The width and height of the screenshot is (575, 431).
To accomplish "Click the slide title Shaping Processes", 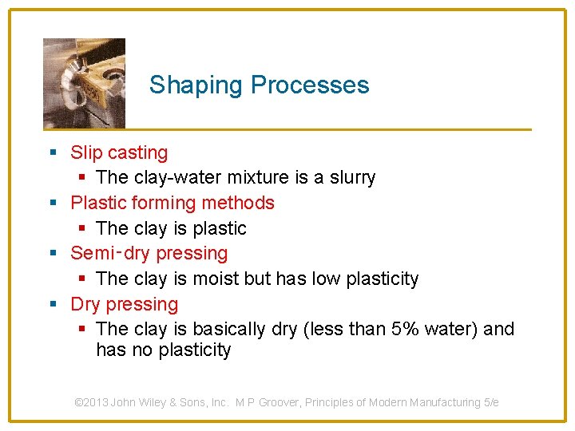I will pos(259,85).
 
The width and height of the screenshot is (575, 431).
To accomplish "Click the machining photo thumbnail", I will pos(84,83).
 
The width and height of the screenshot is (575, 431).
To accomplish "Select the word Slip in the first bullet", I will pos(86,152).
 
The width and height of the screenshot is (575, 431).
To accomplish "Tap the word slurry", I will pos(354,177).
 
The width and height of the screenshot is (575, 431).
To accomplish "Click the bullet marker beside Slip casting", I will pos(53,152).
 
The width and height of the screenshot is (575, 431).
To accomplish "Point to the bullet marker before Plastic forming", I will pos(53,204).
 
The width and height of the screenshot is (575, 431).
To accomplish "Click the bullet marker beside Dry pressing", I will pos(53,305).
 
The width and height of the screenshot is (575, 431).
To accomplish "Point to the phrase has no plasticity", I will pos(163,350).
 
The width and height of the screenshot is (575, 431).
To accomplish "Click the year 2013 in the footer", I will pos(97,402).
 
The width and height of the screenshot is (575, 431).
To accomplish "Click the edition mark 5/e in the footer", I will pos(491,402).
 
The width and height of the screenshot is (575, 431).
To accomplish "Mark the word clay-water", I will pos(165,177).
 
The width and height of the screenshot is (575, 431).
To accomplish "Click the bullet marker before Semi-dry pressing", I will pos(53,254).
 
